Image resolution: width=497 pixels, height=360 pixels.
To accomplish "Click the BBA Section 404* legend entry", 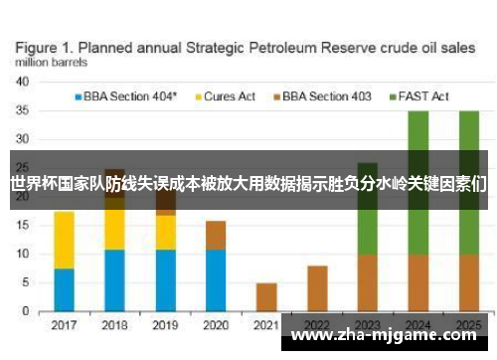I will pos(125,96).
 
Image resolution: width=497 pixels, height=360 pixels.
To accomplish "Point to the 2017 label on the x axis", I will pos(64,325).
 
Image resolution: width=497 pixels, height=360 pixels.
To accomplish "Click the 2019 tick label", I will pos(165,325).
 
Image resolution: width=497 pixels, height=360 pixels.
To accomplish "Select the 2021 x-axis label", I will pos(266,325).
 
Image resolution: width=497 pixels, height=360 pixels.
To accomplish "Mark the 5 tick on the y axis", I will pos(25,282).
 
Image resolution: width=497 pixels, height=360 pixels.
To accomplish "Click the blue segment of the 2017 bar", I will pos(64,289).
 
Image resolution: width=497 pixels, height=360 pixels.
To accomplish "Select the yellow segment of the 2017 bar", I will pos(64,240).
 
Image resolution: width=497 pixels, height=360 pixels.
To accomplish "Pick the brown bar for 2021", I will pos(266,297).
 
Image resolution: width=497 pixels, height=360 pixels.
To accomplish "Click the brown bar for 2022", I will pos(317,288).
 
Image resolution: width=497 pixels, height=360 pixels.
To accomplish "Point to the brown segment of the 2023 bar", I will pos(368,283).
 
